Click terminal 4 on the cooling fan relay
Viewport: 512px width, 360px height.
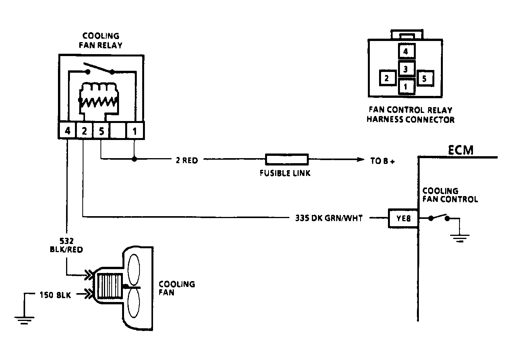click(x=67, y=131)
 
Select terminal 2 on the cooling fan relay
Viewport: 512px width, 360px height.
click(x=84, y=131)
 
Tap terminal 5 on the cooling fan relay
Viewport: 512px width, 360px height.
click(x=101, y=131)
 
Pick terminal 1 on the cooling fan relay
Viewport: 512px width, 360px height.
click(x=135, y=131)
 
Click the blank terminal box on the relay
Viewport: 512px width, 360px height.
click(x=118, y=131)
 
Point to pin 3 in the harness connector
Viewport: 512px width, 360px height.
click(x=407, y=68)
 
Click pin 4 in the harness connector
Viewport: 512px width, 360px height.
click(x=407, y=51)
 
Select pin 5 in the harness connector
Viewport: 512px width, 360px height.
click(x=425, y=78)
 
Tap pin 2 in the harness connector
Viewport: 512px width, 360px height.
click(x=388, y=78)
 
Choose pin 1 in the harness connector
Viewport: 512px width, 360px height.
click(x=407, y=86)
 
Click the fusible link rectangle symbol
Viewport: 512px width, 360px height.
click(x=287, y=159)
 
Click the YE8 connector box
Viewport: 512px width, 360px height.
click(x=403, y=218)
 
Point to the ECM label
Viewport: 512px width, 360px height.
click(x=460, y=150)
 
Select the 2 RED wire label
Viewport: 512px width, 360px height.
click(x=187, y=160)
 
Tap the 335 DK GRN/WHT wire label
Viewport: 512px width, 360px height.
click(x=329, y=218)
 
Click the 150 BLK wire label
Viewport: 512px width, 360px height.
click(x=55, y=295)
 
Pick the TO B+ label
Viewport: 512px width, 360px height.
click(x=383, y=161)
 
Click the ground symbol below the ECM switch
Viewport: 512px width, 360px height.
click(x=460, y=238)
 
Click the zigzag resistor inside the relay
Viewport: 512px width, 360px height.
click(x=99, y=102)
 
